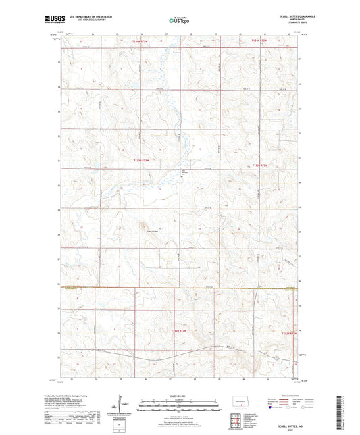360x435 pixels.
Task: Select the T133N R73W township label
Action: pos(140,160)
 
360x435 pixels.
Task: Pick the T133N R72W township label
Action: pos(260,164)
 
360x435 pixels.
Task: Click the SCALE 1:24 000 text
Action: pos(179,396)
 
